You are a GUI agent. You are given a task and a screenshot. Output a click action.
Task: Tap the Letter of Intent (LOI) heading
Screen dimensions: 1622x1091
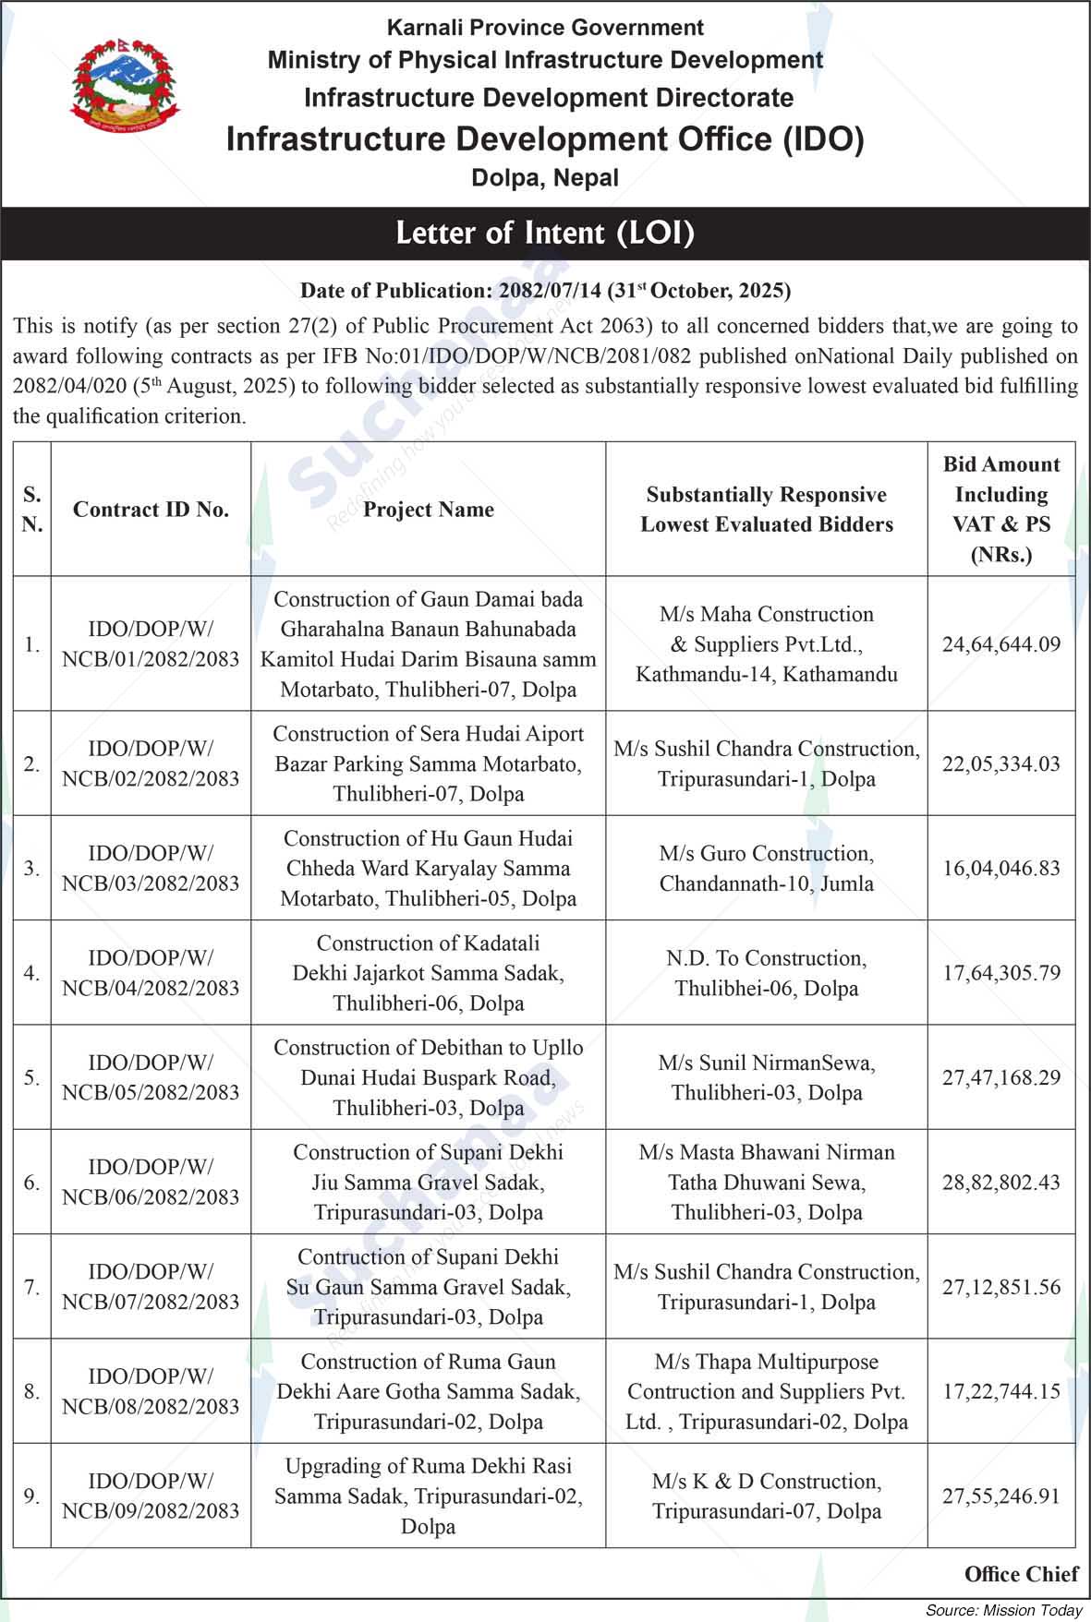(545, 233)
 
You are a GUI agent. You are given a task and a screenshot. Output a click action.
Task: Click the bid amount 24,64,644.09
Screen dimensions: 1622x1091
(1001, 644)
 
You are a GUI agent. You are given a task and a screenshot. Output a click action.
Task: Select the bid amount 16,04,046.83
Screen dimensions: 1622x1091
(1001, 868)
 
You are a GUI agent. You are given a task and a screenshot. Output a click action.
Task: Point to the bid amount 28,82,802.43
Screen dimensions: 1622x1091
(1001, 1182)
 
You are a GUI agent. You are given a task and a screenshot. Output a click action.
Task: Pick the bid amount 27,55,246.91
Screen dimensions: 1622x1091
(1001, 1496)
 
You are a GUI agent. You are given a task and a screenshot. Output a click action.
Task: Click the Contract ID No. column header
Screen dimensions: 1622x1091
(151, 510)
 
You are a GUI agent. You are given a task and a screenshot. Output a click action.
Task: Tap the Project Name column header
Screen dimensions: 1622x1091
(429, 510)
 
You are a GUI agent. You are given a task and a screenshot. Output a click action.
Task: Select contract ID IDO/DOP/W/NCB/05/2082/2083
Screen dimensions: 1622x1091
(151, 1077)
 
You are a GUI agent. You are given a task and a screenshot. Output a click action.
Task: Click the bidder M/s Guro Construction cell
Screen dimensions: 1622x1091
(767, 868)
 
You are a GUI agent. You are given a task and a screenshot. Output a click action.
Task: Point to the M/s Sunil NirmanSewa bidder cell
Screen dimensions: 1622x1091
(767, 1077)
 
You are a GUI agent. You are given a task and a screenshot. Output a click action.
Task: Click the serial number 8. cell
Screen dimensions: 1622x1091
(32, 1391)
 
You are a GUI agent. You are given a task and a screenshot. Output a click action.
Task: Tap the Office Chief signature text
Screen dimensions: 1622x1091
(1021, 1574)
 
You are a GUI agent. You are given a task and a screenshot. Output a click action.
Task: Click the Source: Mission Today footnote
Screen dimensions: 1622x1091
(1003, 1610)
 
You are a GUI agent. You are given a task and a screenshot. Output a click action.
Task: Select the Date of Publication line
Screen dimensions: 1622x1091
(545, 291)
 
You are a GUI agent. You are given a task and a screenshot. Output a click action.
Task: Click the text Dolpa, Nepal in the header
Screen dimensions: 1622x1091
(545, 177)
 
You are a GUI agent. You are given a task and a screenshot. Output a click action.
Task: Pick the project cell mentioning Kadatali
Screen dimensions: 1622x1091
(429, 973)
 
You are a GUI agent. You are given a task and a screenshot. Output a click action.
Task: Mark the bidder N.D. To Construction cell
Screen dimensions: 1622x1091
(767, 973)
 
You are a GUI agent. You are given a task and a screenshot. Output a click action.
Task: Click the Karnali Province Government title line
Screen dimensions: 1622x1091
(545, 28)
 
